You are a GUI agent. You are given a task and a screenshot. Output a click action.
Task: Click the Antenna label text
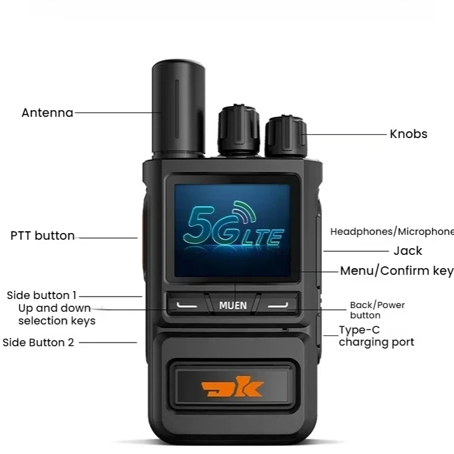click(x=47, y=113)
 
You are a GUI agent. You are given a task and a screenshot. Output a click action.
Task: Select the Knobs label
click(x=408, y=134)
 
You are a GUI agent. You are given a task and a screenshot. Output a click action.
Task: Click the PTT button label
click(x=42, y=236)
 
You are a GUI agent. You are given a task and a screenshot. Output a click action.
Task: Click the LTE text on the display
click(x=262, y=235)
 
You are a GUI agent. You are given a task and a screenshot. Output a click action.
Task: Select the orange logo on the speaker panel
click(x=232, y=387)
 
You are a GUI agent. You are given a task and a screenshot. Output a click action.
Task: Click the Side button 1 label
click(x=42, y=295)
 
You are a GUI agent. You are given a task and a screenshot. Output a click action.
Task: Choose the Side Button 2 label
click(x=38, y=343)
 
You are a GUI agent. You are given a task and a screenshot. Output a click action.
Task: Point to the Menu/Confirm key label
click(x=396, y=271)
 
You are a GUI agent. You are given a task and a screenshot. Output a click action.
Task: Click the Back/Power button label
click(x=377, y=310)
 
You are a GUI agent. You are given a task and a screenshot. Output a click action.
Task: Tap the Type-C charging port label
click(x=376, y=336)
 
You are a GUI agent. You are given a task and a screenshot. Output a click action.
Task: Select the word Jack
click(x=407, y=251)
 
